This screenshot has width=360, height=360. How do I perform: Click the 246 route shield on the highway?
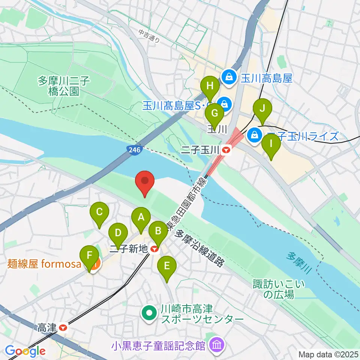point(134,150)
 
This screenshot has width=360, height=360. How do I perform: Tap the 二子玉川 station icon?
point(226,151)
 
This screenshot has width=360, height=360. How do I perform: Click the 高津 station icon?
point(63,327)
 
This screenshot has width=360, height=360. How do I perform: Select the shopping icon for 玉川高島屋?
point(228,78)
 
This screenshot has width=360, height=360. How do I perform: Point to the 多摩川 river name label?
point(298,261)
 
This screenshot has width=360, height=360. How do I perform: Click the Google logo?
point(25,351)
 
